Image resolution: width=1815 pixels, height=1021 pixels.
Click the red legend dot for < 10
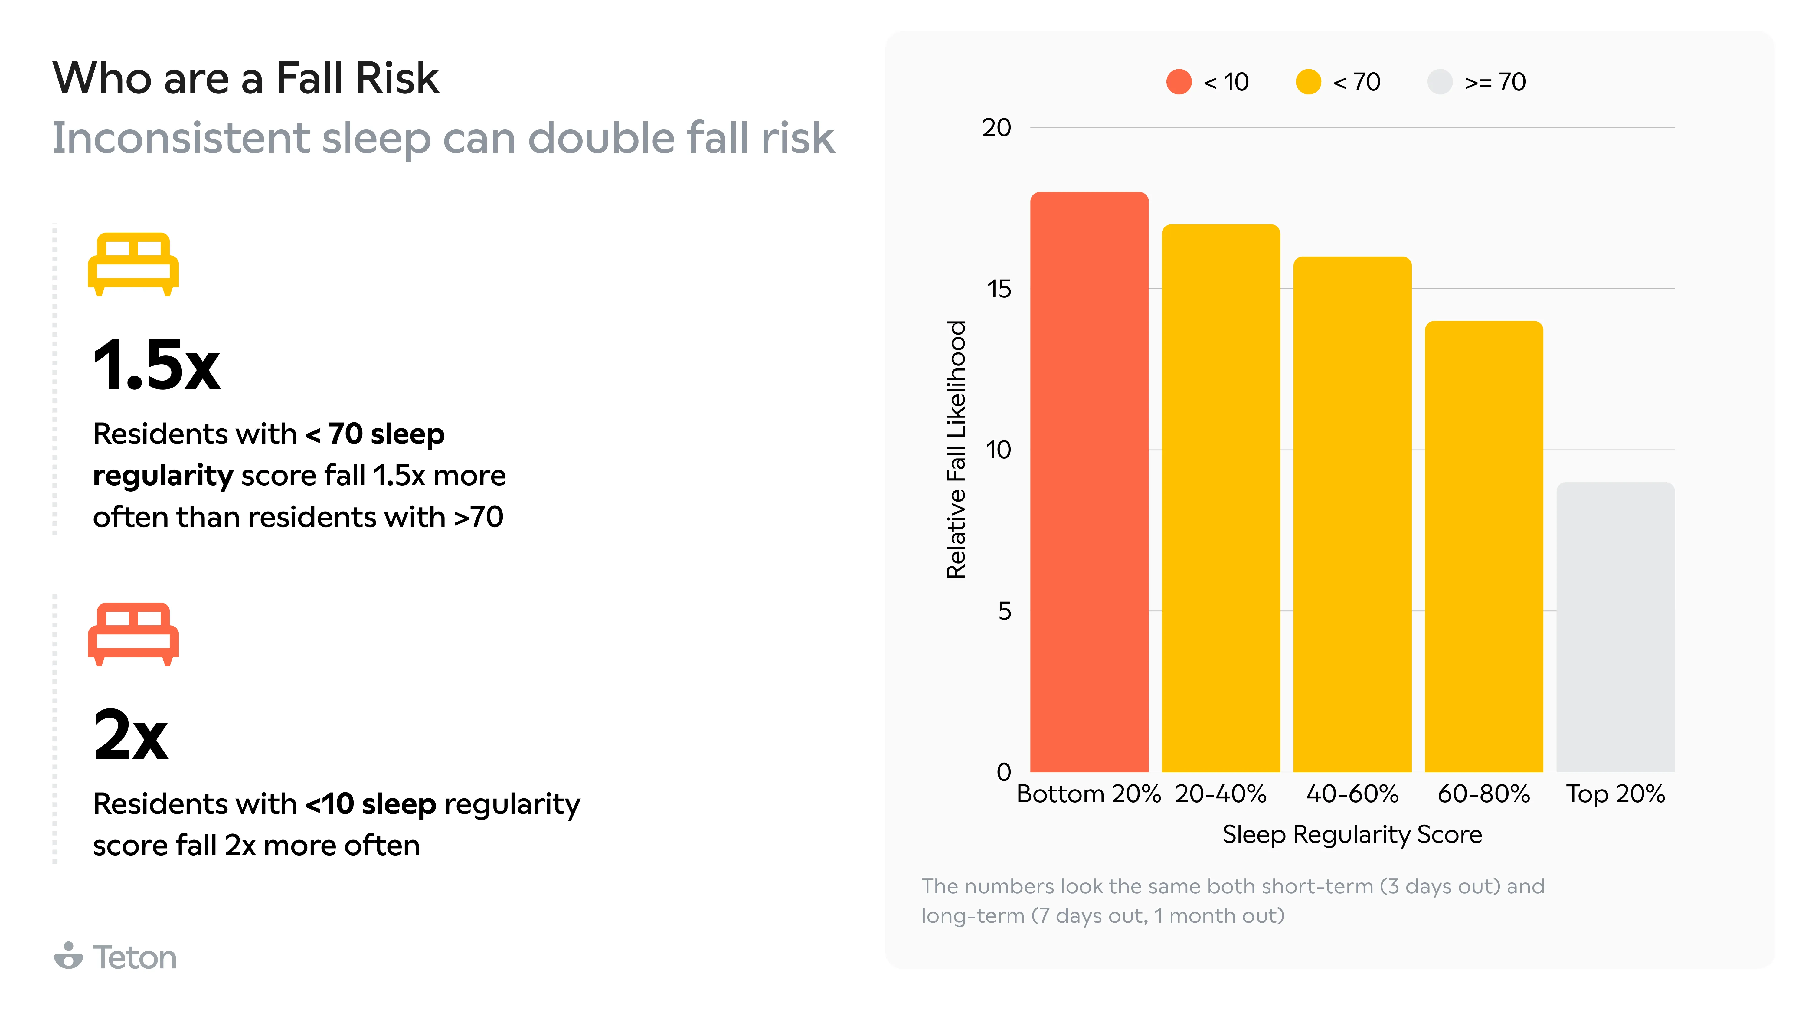click(x=1179, y=82)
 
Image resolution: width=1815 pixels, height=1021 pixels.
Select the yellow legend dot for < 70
click(x=1308, y=82)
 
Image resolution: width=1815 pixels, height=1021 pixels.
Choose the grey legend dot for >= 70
click(x=1440, y=82)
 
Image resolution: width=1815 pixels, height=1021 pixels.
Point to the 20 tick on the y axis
click(x=996, y=128)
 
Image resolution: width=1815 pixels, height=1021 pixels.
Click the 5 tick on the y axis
click(x=1004, y=611)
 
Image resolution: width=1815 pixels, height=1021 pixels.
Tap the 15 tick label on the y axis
click(x=998, y=289)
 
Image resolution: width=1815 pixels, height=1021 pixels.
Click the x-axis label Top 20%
click(x=1615, y=794)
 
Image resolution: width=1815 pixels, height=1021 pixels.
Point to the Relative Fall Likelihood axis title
click(x=956, y=450)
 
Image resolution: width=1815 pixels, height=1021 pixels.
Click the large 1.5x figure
click(x=156, y=365)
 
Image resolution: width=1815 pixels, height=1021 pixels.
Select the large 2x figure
click(x=131, y=735)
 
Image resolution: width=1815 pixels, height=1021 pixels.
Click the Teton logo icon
click(x=68, y=956)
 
